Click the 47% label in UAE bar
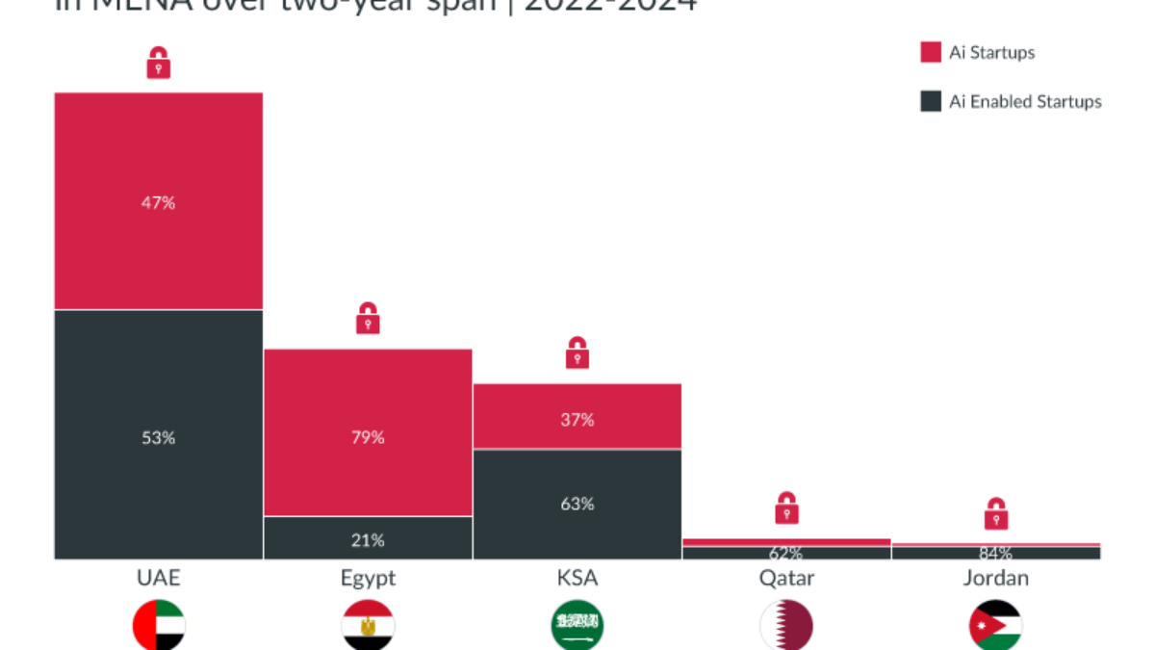[x=159, y=203]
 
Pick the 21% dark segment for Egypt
[x=368, y=538]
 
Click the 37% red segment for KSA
[x=577, y=416]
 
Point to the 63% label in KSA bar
[x=577, y=504]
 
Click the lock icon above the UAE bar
[x=159, y=65]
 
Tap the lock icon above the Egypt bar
[x=368, y=319]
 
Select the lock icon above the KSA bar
[x=577, y=353]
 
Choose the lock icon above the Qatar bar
[x=787, y=508]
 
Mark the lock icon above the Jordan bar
[x=996, y=514]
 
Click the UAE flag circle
[x=159, y=626]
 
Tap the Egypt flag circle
[x=368, y=626]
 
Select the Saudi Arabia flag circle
[x=577, y=626]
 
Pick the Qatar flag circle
[x=786, y=626]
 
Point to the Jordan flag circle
[x=995, y=626]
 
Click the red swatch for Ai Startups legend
[x=931, y=52]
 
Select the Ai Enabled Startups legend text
[x=1025, y=102]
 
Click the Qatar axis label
[x=786, y=578]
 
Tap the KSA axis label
[x=577, y=578]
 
